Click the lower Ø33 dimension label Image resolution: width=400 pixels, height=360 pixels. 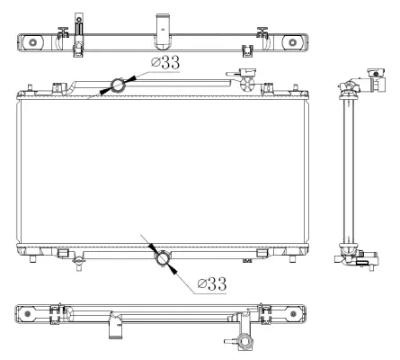(x=210, y=283)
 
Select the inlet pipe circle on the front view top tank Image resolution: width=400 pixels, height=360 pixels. (x=118, y=86)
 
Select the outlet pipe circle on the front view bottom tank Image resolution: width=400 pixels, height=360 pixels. (x=163, y=258)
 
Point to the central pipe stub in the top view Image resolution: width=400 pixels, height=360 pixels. (x=163, y=28)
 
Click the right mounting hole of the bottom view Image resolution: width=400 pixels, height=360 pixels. (x=293, y=313)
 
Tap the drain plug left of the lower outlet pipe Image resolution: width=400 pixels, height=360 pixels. (x=79, y=260)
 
